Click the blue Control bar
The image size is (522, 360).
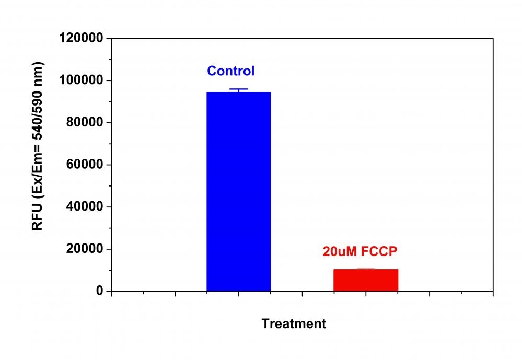pos(238,191)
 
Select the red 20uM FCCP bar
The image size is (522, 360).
pos(365,280)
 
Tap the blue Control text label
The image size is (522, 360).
pos(230,71)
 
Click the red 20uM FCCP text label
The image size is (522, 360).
pos(360,251)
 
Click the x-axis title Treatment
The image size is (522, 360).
pos(294,324)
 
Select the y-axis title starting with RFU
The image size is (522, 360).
pos(38,146)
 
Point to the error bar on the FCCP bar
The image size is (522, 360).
pos(365,269)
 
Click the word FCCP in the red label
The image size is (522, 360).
pos(377,251)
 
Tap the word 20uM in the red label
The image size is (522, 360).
pos(339,251)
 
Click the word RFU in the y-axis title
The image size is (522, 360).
pos(38,219)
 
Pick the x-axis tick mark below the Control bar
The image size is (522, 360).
pos(238,294)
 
